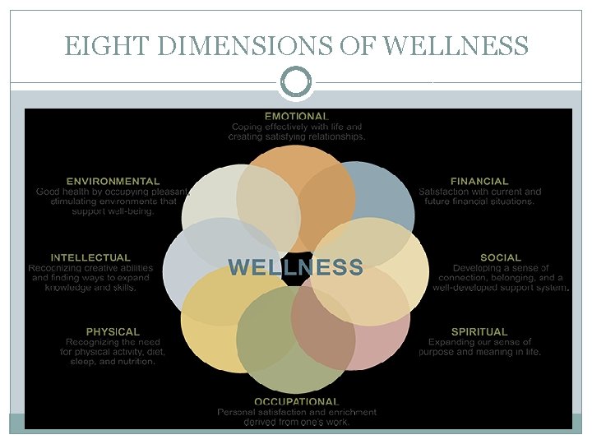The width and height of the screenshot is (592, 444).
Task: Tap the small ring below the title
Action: [296, 81]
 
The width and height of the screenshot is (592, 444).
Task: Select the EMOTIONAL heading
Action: [297, 117]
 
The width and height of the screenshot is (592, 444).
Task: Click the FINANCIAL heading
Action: [479, 181]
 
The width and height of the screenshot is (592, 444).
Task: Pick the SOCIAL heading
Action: [501, 257]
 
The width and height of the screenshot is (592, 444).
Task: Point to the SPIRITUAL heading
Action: [479, 331]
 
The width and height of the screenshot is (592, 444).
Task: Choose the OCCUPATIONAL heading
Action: [297, 401]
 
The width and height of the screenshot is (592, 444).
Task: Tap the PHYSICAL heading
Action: [113, 331]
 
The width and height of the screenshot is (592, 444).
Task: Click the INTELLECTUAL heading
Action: [90, 257]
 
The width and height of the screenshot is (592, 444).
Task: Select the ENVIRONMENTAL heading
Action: [113, 181]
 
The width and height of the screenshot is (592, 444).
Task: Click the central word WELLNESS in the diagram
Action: [295, 267]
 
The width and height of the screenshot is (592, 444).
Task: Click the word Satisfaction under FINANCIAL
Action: [447, 192]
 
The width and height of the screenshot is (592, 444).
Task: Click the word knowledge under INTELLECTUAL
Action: [67, 289]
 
